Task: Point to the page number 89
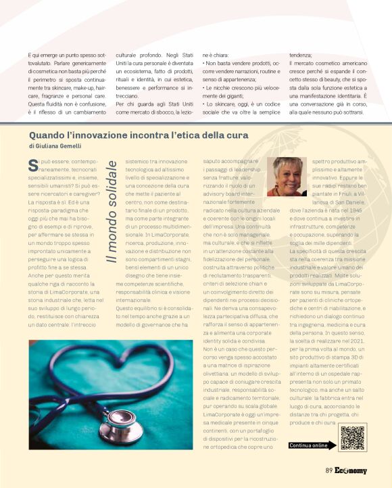click(x=328, y=471)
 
